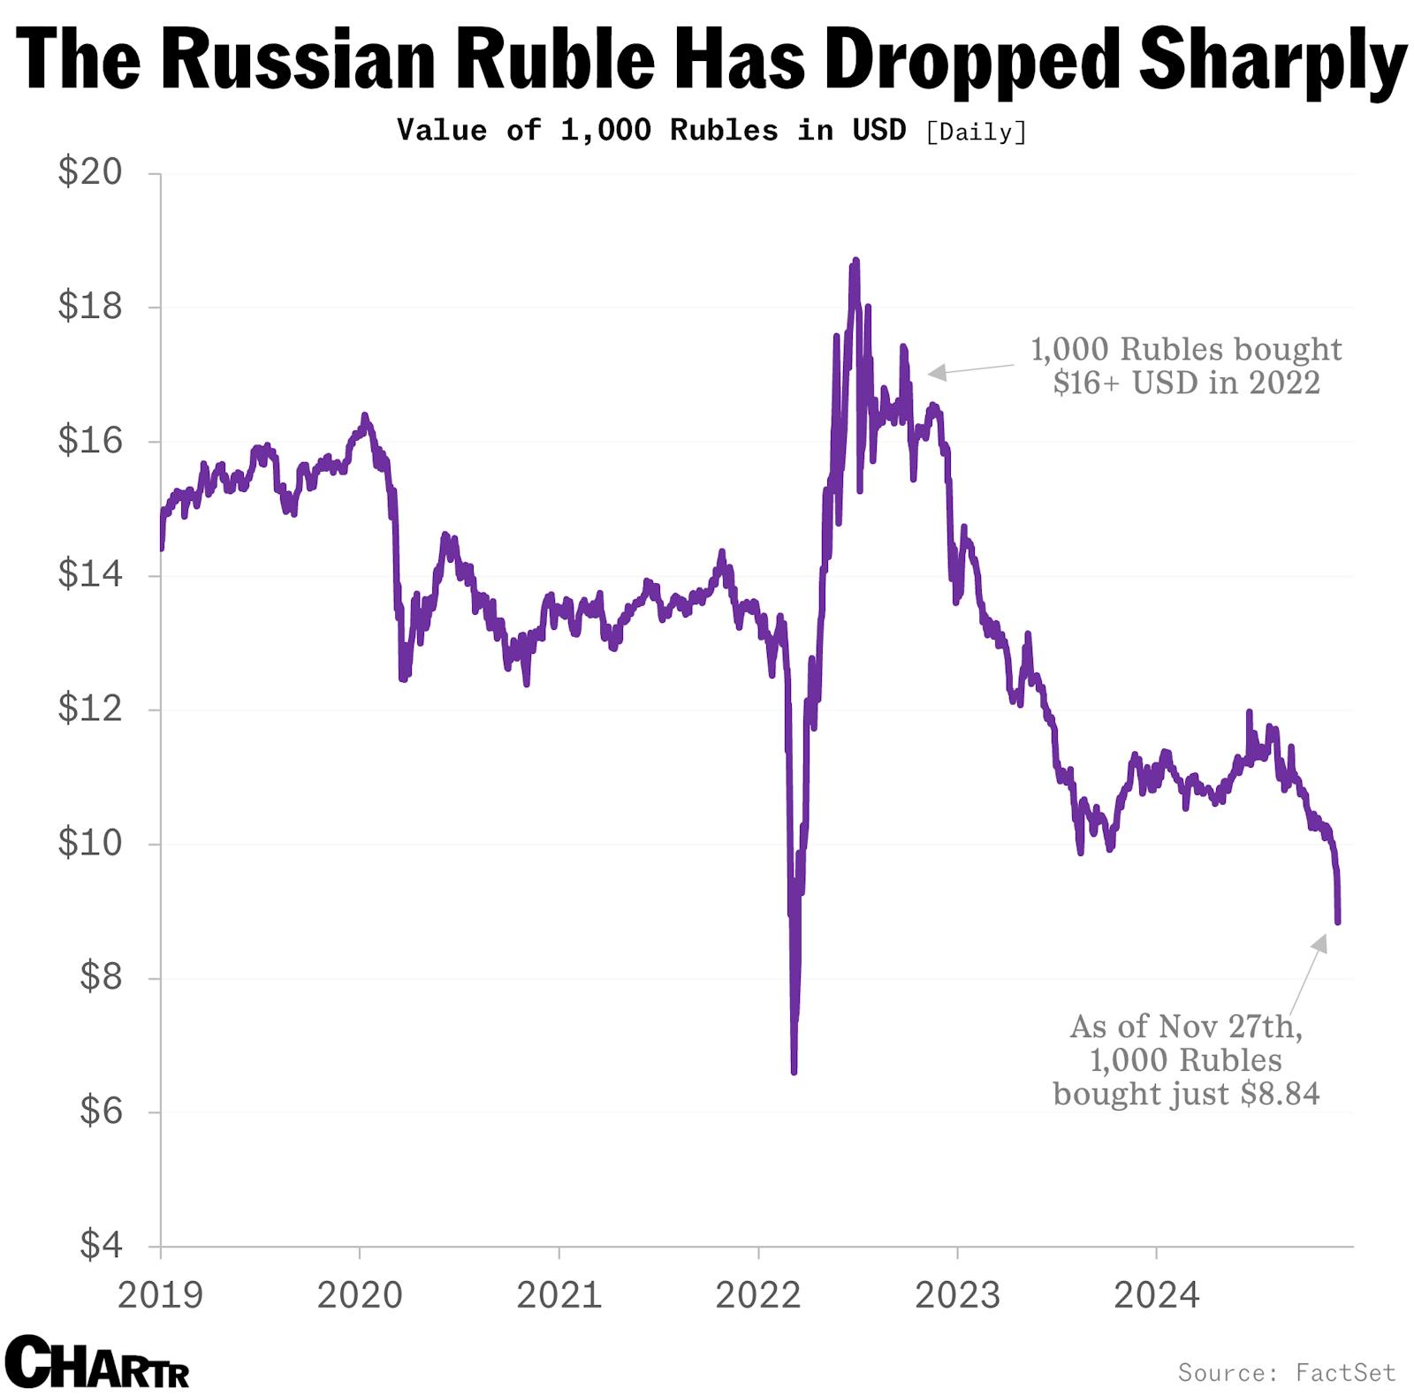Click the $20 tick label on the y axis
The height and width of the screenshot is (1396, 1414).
(89, 171)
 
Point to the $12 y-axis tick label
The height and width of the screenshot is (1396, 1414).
(89, 709)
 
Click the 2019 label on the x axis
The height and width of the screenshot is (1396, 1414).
(160, 1296)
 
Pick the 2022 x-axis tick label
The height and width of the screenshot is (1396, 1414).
(757, 1296)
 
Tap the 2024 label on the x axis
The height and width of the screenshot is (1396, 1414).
(1156, 1296)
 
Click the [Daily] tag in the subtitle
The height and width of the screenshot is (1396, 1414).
(976, 133)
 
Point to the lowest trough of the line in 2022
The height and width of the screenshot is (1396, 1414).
(794, 1070)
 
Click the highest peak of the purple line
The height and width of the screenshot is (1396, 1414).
(855, 262)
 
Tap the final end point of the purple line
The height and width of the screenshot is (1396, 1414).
(1338, 922)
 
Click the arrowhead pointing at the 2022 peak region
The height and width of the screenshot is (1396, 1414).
(935, 373)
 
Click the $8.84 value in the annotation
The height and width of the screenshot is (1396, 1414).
(1280, 1094)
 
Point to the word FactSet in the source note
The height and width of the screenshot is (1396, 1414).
(1345, 1372)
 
